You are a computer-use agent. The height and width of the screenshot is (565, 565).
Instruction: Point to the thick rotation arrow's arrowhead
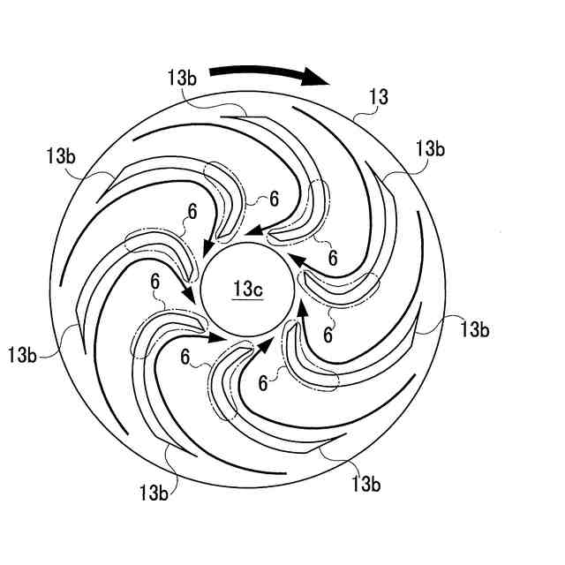[321, 79]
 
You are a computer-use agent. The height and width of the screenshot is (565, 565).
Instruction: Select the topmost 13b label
[183, 77]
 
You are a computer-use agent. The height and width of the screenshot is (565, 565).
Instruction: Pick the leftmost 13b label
[23, 355]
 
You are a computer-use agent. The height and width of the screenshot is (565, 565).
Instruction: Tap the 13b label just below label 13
[428, 147]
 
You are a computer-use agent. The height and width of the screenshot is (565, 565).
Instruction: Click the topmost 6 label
[274, 200]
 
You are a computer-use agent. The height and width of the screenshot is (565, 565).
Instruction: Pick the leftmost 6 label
[155, 282]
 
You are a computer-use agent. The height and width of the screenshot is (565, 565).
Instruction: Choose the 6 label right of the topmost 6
[332, 258]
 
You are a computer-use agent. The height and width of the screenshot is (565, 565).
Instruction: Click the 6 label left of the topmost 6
[192, 211]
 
